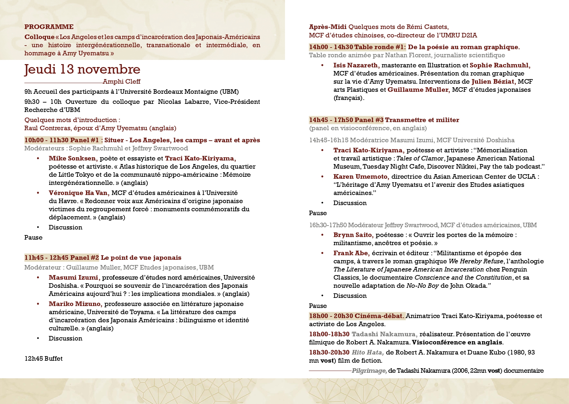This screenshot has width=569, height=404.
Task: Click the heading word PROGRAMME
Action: tap(49, 27)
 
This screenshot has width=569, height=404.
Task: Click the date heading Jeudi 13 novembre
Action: tap(82, 69)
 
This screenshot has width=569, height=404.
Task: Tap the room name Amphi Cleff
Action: tap(121, 81)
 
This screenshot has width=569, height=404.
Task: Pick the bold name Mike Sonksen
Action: tap(73, 158)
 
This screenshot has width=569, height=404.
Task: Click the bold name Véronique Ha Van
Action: tap(79, 193)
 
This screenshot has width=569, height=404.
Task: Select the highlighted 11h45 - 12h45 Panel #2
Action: tap(62, 258)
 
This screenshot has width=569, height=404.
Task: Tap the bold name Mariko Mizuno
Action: tap(75, 304)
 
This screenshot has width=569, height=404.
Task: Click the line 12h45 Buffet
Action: tap(44, 358)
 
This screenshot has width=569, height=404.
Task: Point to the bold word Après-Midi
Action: tap(328, 27)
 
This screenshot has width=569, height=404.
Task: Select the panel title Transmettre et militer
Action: tap(422, 120)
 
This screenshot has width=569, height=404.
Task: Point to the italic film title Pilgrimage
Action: tap(369, 370)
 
